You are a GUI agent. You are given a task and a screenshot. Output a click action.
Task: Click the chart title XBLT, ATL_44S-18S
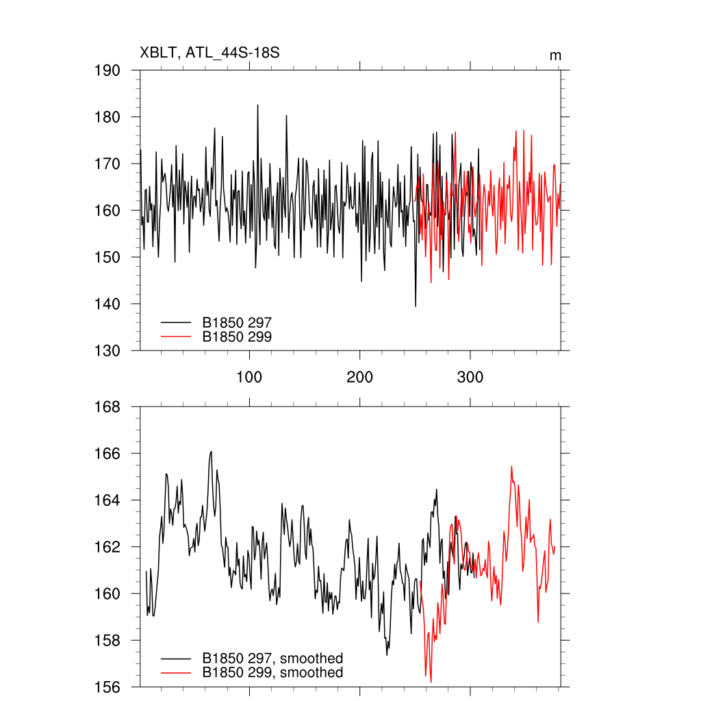(209, 53)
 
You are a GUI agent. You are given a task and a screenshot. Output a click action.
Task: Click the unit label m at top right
(555, 55)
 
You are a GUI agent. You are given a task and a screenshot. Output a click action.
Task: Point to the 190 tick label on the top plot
(107, 71)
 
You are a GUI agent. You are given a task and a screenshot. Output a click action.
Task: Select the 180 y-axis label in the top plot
(107, 117)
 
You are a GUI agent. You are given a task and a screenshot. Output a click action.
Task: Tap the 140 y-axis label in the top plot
(107, 304)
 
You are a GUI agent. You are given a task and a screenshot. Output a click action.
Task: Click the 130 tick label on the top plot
(107, 350)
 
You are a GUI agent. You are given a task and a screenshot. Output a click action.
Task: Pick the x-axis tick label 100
(249, 377)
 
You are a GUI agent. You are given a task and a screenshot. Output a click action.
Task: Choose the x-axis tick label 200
(360, 377)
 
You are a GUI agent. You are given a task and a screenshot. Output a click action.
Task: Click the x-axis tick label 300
(470, 377)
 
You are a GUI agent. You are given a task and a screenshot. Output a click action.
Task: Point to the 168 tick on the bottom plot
(107, 407)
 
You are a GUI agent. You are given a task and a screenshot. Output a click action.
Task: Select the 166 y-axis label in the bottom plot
(107, 454)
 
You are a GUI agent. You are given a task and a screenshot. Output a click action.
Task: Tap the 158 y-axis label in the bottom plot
(107, 641)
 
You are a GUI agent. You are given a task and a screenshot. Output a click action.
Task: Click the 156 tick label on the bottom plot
(107, 687)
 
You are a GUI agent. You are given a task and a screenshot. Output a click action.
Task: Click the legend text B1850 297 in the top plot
(238, 321)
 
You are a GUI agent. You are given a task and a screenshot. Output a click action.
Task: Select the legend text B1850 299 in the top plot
(238, 336)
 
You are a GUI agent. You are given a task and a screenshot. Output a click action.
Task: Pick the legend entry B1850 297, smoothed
(272, 659)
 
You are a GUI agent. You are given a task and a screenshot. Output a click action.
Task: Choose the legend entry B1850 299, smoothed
(272, 673)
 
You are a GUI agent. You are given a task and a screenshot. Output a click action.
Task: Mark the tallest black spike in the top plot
(258, 105)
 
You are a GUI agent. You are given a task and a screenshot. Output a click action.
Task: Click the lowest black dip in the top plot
(416, 305)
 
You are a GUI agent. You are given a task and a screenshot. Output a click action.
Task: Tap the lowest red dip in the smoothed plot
(431, 681)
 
